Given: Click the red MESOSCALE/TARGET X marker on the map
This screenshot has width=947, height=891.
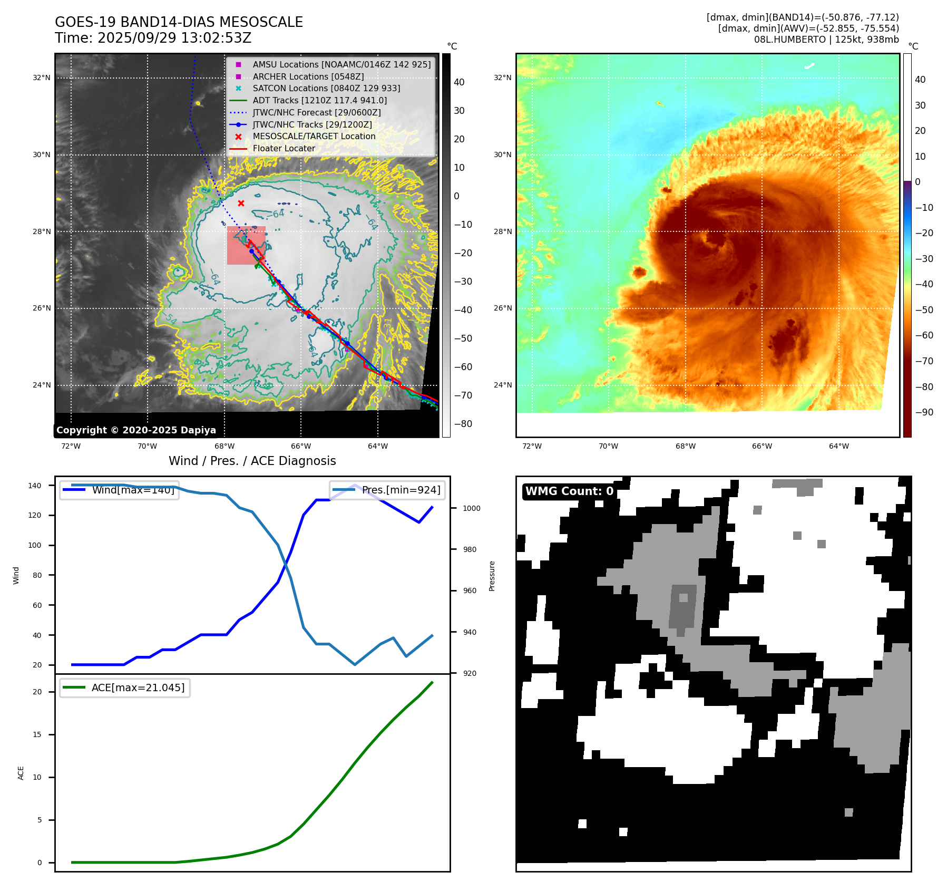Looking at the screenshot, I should pyautogui.click(x=241, y=204).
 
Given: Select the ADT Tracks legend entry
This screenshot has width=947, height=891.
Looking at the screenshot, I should pyautogui.click(x=319, y=100).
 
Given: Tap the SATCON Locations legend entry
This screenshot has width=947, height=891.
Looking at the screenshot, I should pyautogui.click(x=326, y=88).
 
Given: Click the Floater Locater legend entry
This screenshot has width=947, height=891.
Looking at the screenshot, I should pyautogui.click(x=284, y=148).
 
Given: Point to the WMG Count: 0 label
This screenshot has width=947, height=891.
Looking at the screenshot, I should pyautogui.click(x=569, y=491).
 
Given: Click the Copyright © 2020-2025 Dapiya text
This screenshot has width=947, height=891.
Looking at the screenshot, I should pyautogui.click(x=136, y=430).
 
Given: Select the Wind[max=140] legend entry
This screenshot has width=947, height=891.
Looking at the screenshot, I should pyautogui.click(x=133, y=490).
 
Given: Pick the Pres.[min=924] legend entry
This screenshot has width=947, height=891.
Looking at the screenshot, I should pyautogui.click(x=401, y=490).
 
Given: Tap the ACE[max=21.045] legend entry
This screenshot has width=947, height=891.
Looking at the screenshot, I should pyautogui.click(x=138, y=687).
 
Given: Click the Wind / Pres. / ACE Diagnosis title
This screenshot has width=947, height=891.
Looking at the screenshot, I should pyautogui.click(x=252, y=461).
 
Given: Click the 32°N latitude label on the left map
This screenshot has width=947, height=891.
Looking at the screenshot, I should pyautogui.click(x=42, y=78).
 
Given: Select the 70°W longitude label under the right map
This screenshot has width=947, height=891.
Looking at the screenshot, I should pyautogui.click(x=608, y=447).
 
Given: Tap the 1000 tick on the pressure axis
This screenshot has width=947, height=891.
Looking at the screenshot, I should pyautogui.click(x=472, y=508).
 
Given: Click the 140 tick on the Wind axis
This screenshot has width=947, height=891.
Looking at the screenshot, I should pyautogui.click(x=35, y=486).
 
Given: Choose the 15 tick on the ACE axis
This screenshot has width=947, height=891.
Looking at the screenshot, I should pyautogui.click(x=37, y=734).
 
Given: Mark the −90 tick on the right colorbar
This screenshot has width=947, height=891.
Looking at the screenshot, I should pyautogui.click(x=924, y=412).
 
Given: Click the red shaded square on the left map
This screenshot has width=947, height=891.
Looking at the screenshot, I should pyautogui.click(x=246, y=246).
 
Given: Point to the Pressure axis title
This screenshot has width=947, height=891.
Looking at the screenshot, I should pyautogui.click(x=492, y=576).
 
